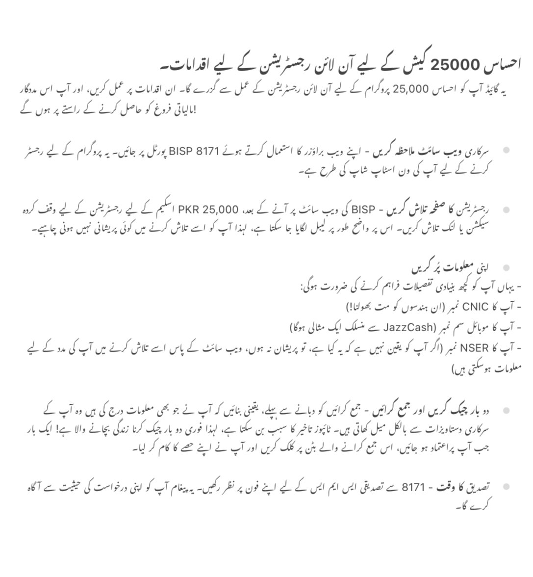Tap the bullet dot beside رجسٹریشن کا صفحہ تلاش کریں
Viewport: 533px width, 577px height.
click(x=506, y=210)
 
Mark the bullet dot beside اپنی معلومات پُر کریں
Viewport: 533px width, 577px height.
click(x=506, y=267)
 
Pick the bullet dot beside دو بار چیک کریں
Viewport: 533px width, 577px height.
click(x=506, y=409)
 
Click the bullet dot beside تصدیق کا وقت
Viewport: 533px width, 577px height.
click(x=506, y=487)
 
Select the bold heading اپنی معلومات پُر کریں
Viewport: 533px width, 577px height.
click(x=454, y=268)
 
